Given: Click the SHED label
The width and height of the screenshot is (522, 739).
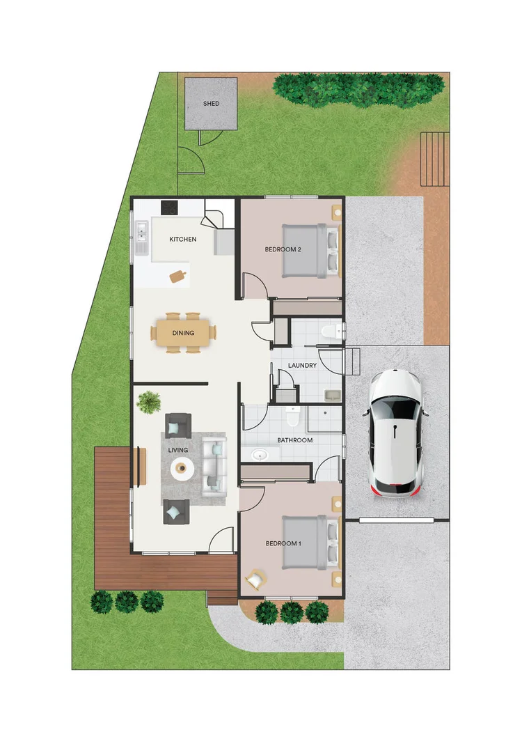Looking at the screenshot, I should tap(211, 104).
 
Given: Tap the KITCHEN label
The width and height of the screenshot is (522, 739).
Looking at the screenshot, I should tap(183, 240).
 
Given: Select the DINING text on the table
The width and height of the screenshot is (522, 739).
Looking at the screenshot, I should tap(183, 334).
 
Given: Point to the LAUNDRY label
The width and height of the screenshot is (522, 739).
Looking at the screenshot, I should tap(302, 366).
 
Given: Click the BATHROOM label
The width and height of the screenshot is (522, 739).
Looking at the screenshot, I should tap(294, 440).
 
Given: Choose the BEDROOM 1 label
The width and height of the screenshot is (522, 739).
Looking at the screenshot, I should tap(283, 543).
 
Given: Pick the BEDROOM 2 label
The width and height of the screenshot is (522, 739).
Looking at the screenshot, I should tap(283, 249).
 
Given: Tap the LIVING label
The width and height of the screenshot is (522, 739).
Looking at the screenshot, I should tap(178, 450).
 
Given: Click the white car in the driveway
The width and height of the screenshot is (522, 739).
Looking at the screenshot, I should tap(395, 433).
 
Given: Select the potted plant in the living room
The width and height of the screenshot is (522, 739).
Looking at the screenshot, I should tap(149, 402).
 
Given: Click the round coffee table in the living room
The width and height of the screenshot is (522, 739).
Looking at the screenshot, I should tap(183, 469).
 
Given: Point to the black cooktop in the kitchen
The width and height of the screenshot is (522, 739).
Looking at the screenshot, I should tap(169, 208).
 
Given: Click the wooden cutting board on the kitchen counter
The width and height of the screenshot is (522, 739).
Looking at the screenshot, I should tap(178, 277).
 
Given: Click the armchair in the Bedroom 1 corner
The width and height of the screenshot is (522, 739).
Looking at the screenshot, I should tap(256, 579).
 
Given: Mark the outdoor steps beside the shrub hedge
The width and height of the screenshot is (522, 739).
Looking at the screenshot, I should tap(434, 159).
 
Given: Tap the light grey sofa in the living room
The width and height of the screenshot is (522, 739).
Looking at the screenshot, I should tap(214, 465).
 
